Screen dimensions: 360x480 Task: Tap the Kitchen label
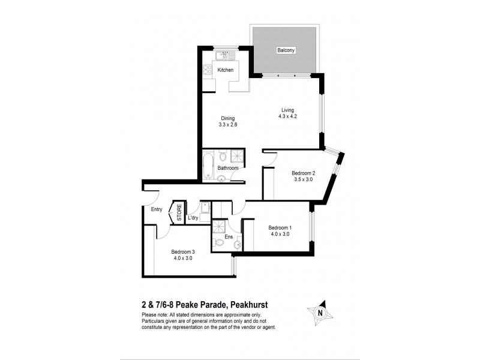226,70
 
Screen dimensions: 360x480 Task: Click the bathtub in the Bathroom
208,165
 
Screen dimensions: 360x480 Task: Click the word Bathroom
228,169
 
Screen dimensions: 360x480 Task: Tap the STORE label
179,213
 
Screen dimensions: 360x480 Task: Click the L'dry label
193,218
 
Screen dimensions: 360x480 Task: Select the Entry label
157,209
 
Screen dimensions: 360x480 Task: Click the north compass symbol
319,311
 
